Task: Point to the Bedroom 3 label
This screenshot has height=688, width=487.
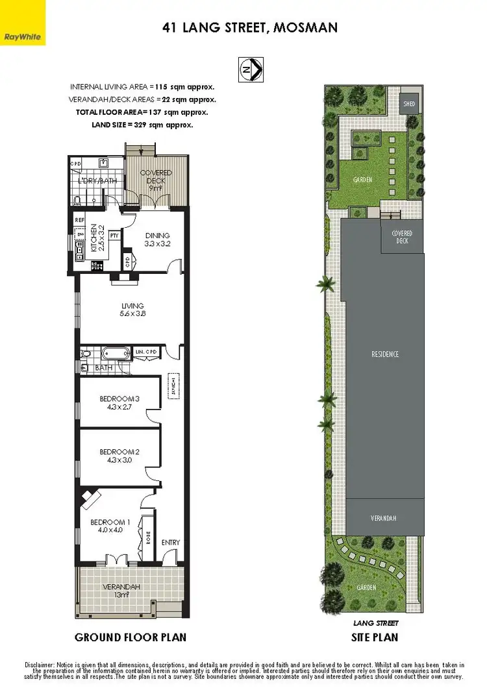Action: point(119,399)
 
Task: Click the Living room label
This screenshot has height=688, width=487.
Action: point(132,306)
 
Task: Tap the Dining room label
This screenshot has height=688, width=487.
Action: point(157,236)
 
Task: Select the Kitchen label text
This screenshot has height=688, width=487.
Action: point(94,238)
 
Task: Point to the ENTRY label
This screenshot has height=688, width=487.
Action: point(171,543)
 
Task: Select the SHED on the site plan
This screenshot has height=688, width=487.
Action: point(408,104)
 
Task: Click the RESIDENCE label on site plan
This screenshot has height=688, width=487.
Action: point(385,354)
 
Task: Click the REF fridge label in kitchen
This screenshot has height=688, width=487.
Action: point(81,221)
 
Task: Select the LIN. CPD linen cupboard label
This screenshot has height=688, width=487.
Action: point(147,352)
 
